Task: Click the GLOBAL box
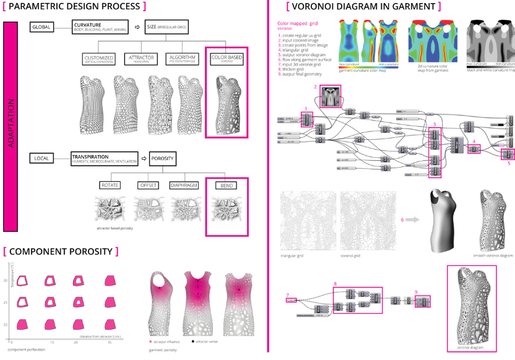tap(41, 27)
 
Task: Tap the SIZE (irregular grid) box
tap(167, 27)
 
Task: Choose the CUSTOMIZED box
tap(98, 59)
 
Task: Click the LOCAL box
tap(41, 159)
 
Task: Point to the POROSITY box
tap(162, 159)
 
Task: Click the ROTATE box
tap(111, 186)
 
